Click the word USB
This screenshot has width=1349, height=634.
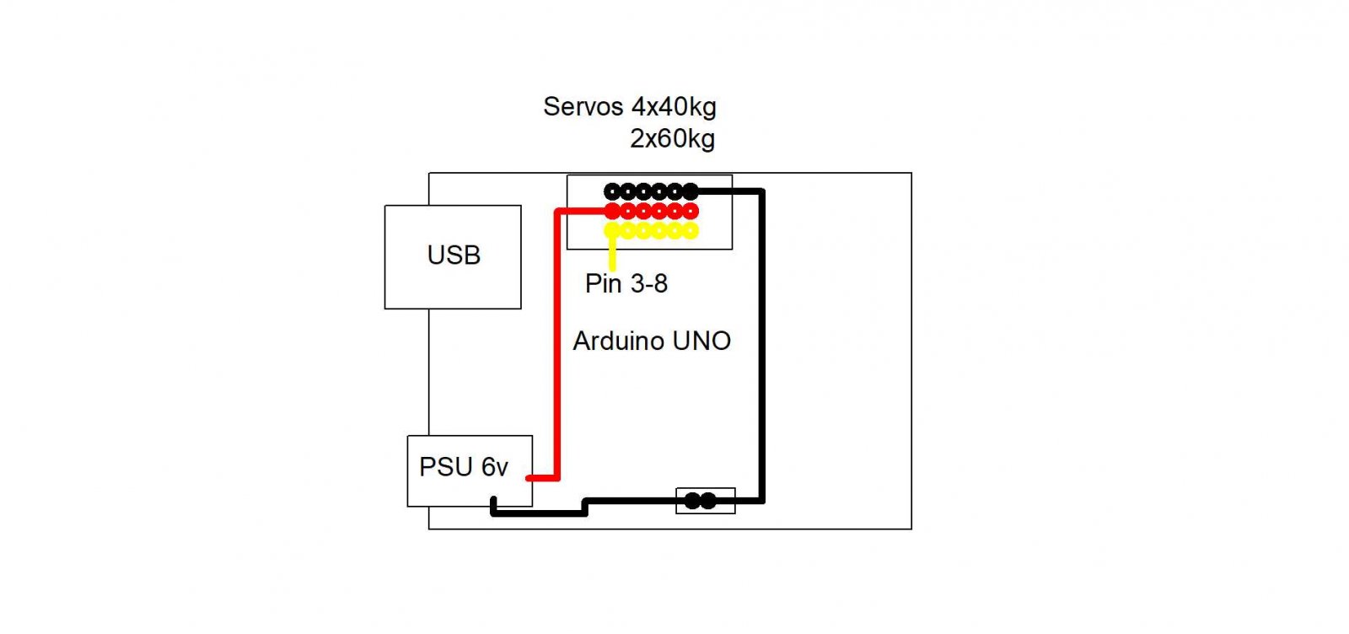454,255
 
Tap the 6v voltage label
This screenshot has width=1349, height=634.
495,466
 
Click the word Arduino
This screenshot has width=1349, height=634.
619,341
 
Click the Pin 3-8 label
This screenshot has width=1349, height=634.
626,283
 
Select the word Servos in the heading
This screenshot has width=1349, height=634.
583,106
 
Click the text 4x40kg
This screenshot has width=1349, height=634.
674,106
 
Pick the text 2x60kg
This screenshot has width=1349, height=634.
672,138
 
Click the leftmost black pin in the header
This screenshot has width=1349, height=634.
613,191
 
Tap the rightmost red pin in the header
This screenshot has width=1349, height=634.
691,211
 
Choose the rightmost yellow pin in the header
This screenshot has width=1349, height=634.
691,230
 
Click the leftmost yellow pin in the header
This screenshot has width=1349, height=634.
613,230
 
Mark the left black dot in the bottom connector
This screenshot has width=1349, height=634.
692,501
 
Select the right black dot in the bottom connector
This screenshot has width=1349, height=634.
708,501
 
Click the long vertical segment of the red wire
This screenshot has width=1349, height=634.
557,346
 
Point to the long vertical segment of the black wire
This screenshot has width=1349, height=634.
761,346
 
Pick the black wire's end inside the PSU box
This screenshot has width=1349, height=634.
494,503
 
